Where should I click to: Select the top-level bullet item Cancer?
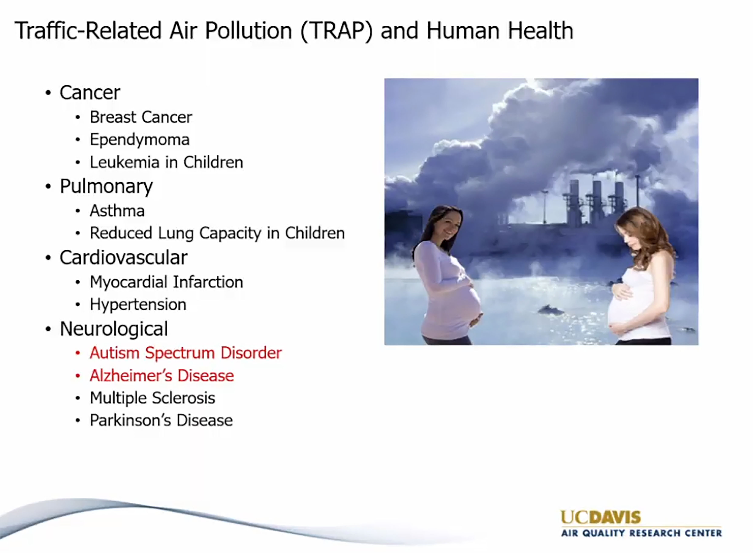90,92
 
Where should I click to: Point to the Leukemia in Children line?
166,162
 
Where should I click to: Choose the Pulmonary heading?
106,187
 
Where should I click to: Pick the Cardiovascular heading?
123,257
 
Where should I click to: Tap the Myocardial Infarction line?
166,282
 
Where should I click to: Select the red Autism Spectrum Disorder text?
186,353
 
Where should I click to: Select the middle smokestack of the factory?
596,202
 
